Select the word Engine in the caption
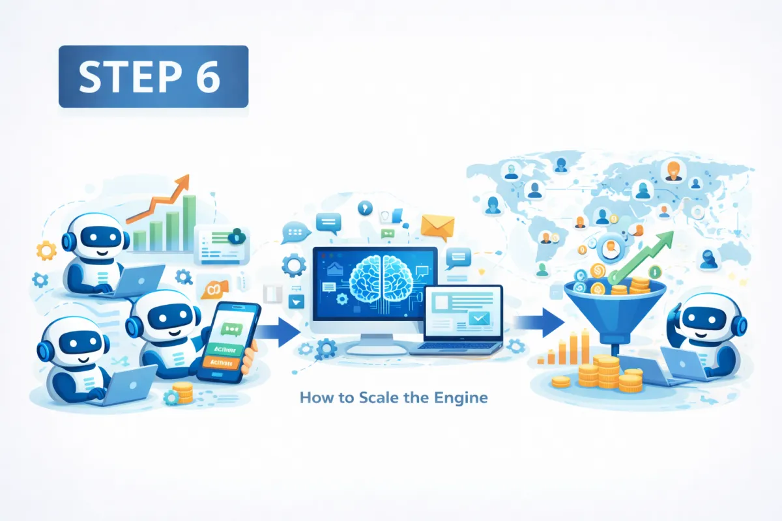point(465,397)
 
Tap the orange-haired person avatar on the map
point(673,171)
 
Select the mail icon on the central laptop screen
point(479,318)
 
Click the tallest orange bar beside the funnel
point(585,345)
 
